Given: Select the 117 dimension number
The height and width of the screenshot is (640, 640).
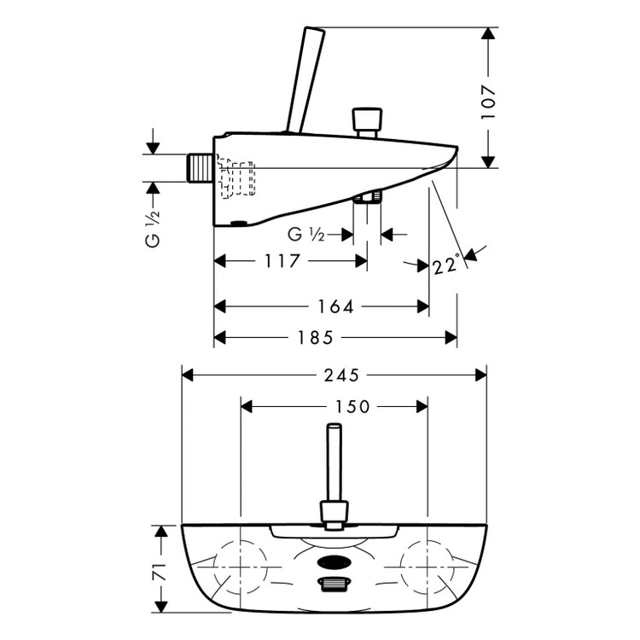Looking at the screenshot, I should [x=282, y=262].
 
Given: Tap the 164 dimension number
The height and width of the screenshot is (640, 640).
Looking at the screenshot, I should [x=335, y=305].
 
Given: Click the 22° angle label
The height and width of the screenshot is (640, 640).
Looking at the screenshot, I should [x=445, y=265].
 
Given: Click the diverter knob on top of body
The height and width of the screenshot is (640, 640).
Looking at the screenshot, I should [x=369, y=121].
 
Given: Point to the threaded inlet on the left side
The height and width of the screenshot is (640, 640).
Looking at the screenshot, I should [x=199, y=167].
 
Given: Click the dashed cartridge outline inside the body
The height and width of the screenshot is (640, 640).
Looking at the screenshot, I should [x=237, y=177].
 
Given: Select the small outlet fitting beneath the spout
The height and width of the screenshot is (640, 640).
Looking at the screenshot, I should [x=369, y=198].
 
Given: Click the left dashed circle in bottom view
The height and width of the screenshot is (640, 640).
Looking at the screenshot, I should [x=241, y=568].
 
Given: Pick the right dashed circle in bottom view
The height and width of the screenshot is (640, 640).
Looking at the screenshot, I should [x=427, y=568].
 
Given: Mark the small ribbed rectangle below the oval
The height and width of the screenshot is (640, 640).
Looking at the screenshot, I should [x=333, y=584].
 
